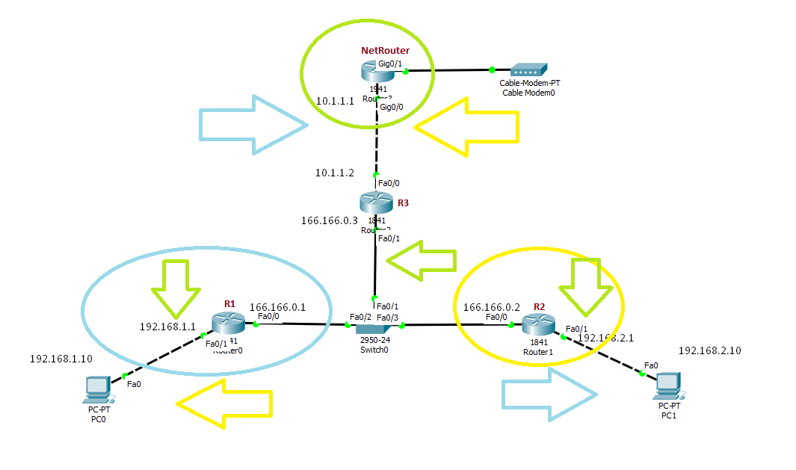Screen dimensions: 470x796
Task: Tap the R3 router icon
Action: (374, 202)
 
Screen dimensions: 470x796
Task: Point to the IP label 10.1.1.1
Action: (335, 100)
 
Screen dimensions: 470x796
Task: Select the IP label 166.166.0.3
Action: (329, 220)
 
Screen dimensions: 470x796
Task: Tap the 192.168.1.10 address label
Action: (61, 359)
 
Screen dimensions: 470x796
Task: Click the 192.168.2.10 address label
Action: (709, 350)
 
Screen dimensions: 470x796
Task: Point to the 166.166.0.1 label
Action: (277, 307)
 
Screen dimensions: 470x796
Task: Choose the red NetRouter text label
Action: (385, 51)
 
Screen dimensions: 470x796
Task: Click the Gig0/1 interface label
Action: (390, 64)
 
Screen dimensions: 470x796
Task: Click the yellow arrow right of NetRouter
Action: (466, 128)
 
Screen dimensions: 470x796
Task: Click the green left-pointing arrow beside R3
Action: (421, 260)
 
